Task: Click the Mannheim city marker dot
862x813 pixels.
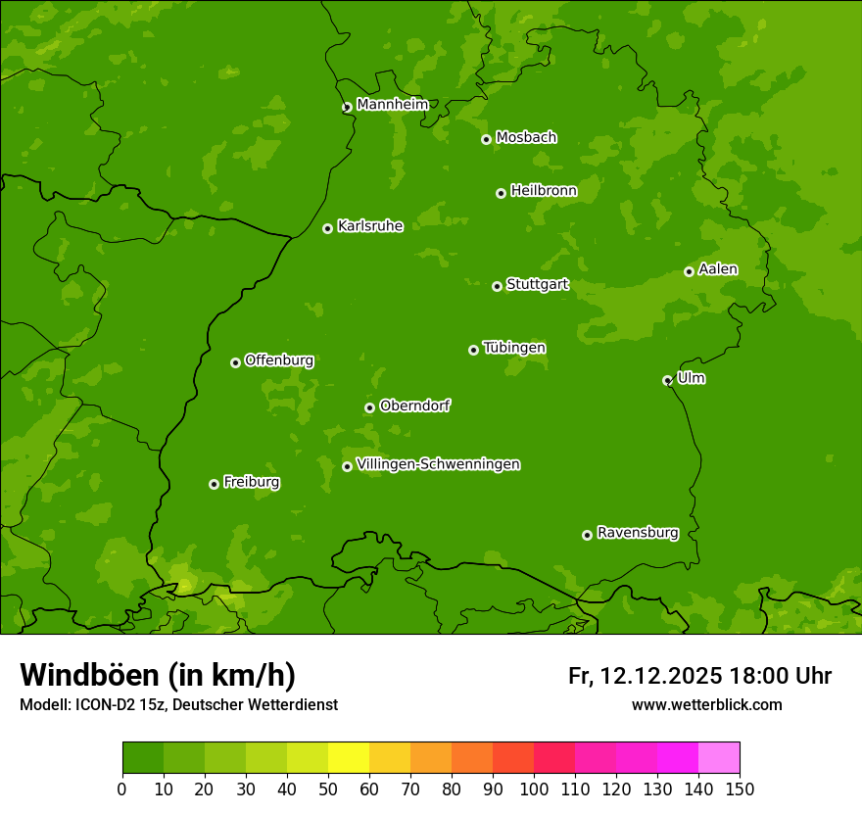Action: click(x=347, y=108)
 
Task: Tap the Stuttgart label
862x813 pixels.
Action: click(x=537, y=284)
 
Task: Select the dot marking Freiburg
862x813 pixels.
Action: click(x=214, y=484)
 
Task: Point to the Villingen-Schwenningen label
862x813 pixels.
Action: click(x=438, y=464)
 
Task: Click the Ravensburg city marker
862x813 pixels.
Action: click(x=588, y=535)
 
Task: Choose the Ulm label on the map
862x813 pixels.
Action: click(x=691, y=378)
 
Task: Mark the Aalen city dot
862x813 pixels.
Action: click(x=689, y=271)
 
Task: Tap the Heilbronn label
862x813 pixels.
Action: click(x=544, y=191)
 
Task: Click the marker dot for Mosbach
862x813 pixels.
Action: click(x=486, y=139)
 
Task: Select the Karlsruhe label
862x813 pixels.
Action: click(x=370, y=226)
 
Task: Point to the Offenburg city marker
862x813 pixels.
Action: click(x=235, y=362)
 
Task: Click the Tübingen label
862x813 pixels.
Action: click(x=514, y=348)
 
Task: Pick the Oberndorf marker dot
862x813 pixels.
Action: click(x=369, y=407)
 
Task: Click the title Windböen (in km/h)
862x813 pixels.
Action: click(x=158, y=675)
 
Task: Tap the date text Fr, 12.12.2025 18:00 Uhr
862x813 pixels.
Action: click(x=699, y=676)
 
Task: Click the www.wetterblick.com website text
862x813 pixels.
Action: click(x=706, y=704)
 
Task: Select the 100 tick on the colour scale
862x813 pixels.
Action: click(x=534, y=789)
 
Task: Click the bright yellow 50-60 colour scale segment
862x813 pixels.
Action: click(x=349, y=758)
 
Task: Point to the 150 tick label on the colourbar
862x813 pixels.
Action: click(x=740, y=789)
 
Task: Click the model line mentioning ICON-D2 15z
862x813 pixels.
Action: click(x=178, y=704)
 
